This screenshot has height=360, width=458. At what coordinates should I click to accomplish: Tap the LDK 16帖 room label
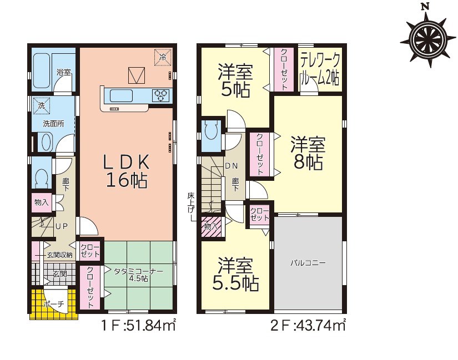pyautogui.click(x=127, y=171)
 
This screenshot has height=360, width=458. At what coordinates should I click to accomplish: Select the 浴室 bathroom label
pyautogui.click(x=64, y=72)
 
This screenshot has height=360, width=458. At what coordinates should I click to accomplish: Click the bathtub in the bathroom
pyautogui.click(x=41, y=70)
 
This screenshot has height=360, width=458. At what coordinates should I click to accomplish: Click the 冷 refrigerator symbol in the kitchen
pyautogui.click(x=163, y=57)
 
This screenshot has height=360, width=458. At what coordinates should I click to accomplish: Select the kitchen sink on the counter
pyautogui.click(x=121, y=95)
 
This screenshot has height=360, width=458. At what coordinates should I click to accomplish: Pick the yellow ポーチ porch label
pyautogui.click(x=53, y=304)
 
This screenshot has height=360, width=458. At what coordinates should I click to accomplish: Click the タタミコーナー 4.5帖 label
pyautogui.click(x=138, y=275)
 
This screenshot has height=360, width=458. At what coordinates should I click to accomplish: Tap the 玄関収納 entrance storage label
pyautogui.click(x=59, y=255)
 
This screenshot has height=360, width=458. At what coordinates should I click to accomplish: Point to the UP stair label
pyautogui.click(x=62, y=226)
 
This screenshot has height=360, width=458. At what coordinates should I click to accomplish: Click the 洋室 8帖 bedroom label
pyautogui.click(x=308, y=154)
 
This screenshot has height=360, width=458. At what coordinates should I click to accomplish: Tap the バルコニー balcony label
pyautogui.click(x=308, y=263)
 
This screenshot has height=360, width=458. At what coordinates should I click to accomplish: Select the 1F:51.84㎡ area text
pyautogui.click(x=138, y=325)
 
